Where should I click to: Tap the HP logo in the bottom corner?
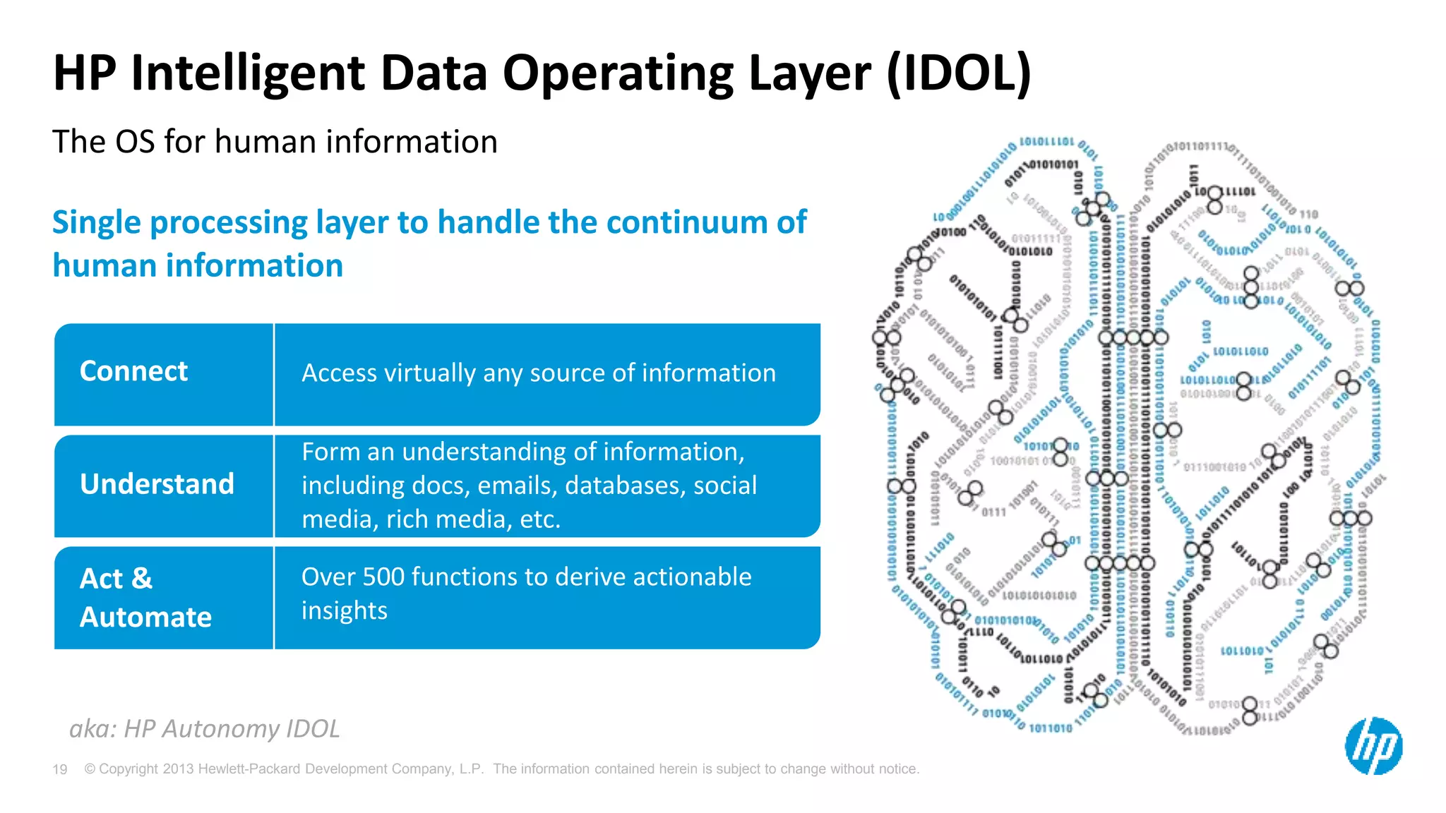click(x=1373, y=746)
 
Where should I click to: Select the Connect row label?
click(x=133, y=371)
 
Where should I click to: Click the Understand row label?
click(x=157, y=484)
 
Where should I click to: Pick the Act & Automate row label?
click(x=145, y=597)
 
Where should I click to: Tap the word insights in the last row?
click(x=345, y=610)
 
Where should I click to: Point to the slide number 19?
click(x=60, y=769)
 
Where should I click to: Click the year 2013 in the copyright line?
click(x=178, y=769)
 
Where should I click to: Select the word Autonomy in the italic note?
click(x=220, y=728)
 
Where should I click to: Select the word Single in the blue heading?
click(x=97, y=222)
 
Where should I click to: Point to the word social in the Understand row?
click(x=725, y=486)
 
